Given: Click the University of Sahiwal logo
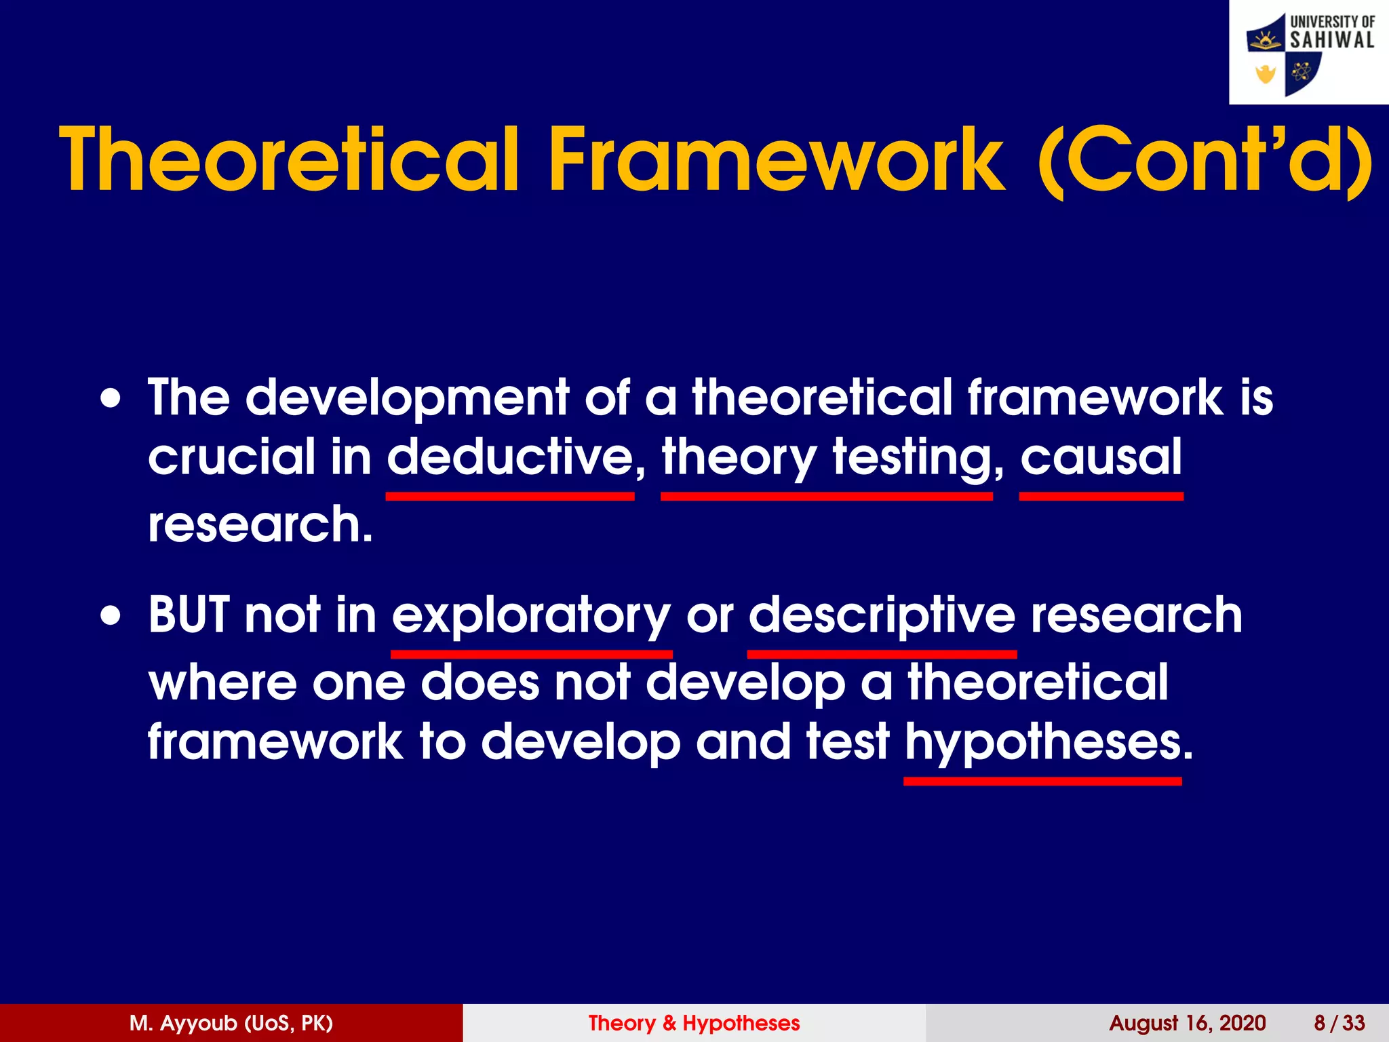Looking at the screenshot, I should click(1309, 52).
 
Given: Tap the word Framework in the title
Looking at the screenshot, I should click(777, 160).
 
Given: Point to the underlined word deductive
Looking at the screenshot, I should click(510, 457).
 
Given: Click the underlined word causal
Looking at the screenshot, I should click(1101, 457).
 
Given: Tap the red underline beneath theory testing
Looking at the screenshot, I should click(826, 497).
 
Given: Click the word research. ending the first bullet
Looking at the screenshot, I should click(260, 524).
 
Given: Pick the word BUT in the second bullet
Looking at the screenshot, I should click(189, 615).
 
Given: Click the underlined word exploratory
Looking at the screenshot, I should click(531, 616).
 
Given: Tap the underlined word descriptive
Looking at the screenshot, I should click(882, 616).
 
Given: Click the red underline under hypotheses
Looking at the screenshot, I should click(1042, 781).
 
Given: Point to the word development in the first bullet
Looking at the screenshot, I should click(407, 398).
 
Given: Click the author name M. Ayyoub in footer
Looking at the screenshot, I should click(231, 1023).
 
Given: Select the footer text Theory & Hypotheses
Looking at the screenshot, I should click(694, 1023).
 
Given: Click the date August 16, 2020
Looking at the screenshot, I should click(1188, 1023).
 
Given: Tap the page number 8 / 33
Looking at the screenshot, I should click(1339, 1023).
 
